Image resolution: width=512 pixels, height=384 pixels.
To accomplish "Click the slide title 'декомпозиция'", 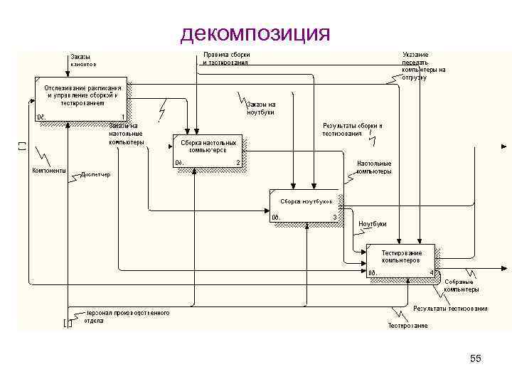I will click(255, 33).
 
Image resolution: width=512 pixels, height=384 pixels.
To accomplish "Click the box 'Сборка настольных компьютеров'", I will click(208, 151).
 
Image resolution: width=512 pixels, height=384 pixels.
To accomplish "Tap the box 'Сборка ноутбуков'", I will click(305, 206).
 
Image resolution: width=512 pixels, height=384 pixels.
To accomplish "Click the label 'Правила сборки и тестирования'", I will click(225, 58).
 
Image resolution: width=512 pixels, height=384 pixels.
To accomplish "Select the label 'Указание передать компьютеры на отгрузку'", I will click(424, 65).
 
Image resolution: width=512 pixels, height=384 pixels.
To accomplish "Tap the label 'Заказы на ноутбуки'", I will click(260, 108).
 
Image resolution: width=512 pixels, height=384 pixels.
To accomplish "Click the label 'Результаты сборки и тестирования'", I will click(352, 129).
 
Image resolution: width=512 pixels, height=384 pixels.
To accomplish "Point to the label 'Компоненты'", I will click(49, 171).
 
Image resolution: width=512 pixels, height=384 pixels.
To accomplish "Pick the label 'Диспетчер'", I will click(95, 174).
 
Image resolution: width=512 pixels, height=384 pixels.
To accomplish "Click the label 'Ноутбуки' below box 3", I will click(373, 224).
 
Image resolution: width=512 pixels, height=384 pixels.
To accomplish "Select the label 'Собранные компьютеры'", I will click(461, 286).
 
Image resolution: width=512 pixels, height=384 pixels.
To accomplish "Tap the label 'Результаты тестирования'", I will click(451, 309).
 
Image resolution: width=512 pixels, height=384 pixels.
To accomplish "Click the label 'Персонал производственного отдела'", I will click(126, 316).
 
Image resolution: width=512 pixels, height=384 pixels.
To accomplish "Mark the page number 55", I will click(476, 359).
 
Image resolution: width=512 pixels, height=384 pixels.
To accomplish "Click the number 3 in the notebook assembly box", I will click(334, 217).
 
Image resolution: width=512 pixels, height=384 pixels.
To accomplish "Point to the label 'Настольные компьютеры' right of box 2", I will click(373, 167).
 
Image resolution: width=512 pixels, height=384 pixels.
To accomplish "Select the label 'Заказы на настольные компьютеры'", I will click(126, 134).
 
